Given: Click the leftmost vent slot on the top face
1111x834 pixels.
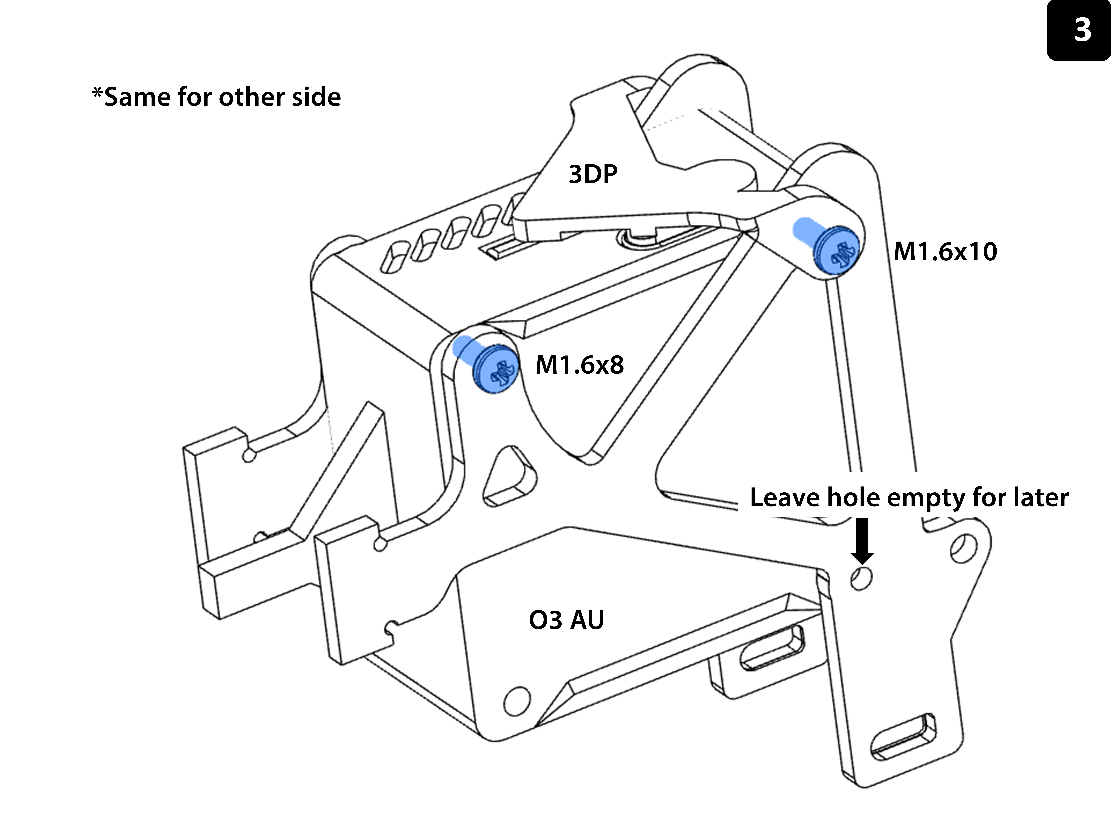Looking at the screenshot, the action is point(396,257).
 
